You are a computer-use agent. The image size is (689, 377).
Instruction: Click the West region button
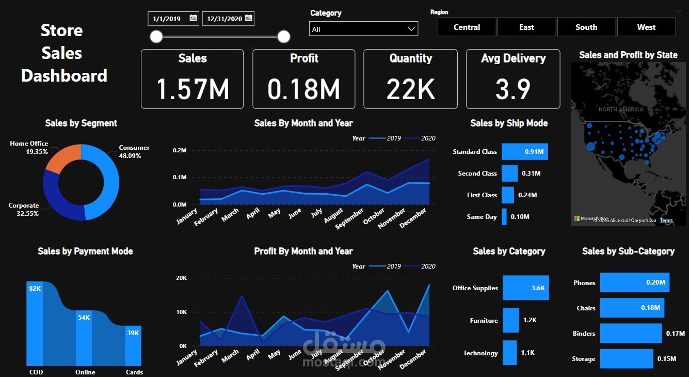click(x=646, y=27)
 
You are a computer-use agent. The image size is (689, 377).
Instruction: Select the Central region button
click(x=467, y=27)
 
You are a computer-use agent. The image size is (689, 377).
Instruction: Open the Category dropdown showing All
click(x=363, y=29)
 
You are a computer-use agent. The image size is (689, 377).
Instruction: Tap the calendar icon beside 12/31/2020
click(x=248, y=19)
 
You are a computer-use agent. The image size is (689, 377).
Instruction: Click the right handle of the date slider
click(x=283, y=36)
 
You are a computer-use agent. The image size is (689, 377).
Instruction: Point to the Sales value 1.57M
click(x=192, y=88)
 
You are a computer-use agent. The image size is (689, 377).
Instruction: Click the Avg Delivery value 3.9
click(x=512, y=88)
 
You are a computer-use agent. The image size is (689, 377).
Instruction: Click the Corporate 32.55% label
click(x=24, y=209)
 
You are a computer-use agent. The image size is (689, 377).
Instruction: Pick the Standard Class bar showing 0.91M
click(x=524, y=152)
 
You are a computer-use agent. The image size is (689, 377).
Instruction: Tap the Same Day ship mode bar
click(x=504, y=217)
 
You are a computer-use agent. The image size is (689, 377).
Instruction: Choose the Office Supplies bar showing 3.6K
click(x=525, y=288)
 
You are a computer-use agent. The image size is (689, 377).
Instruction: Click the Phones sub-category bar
click(x=634, y=283)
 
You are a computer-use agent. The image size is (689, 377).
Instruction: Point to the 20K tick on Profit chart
click(x=181, y=278)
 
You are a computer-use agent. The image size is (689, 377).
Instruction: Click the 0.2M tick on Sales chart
click(x=180, y=150)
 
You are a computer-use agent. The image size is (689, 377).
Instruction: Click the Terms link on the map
click(x=666, y=221)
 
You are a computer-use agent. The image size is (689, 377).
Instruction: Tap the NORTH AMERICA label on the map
click(x=621, y=109)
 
